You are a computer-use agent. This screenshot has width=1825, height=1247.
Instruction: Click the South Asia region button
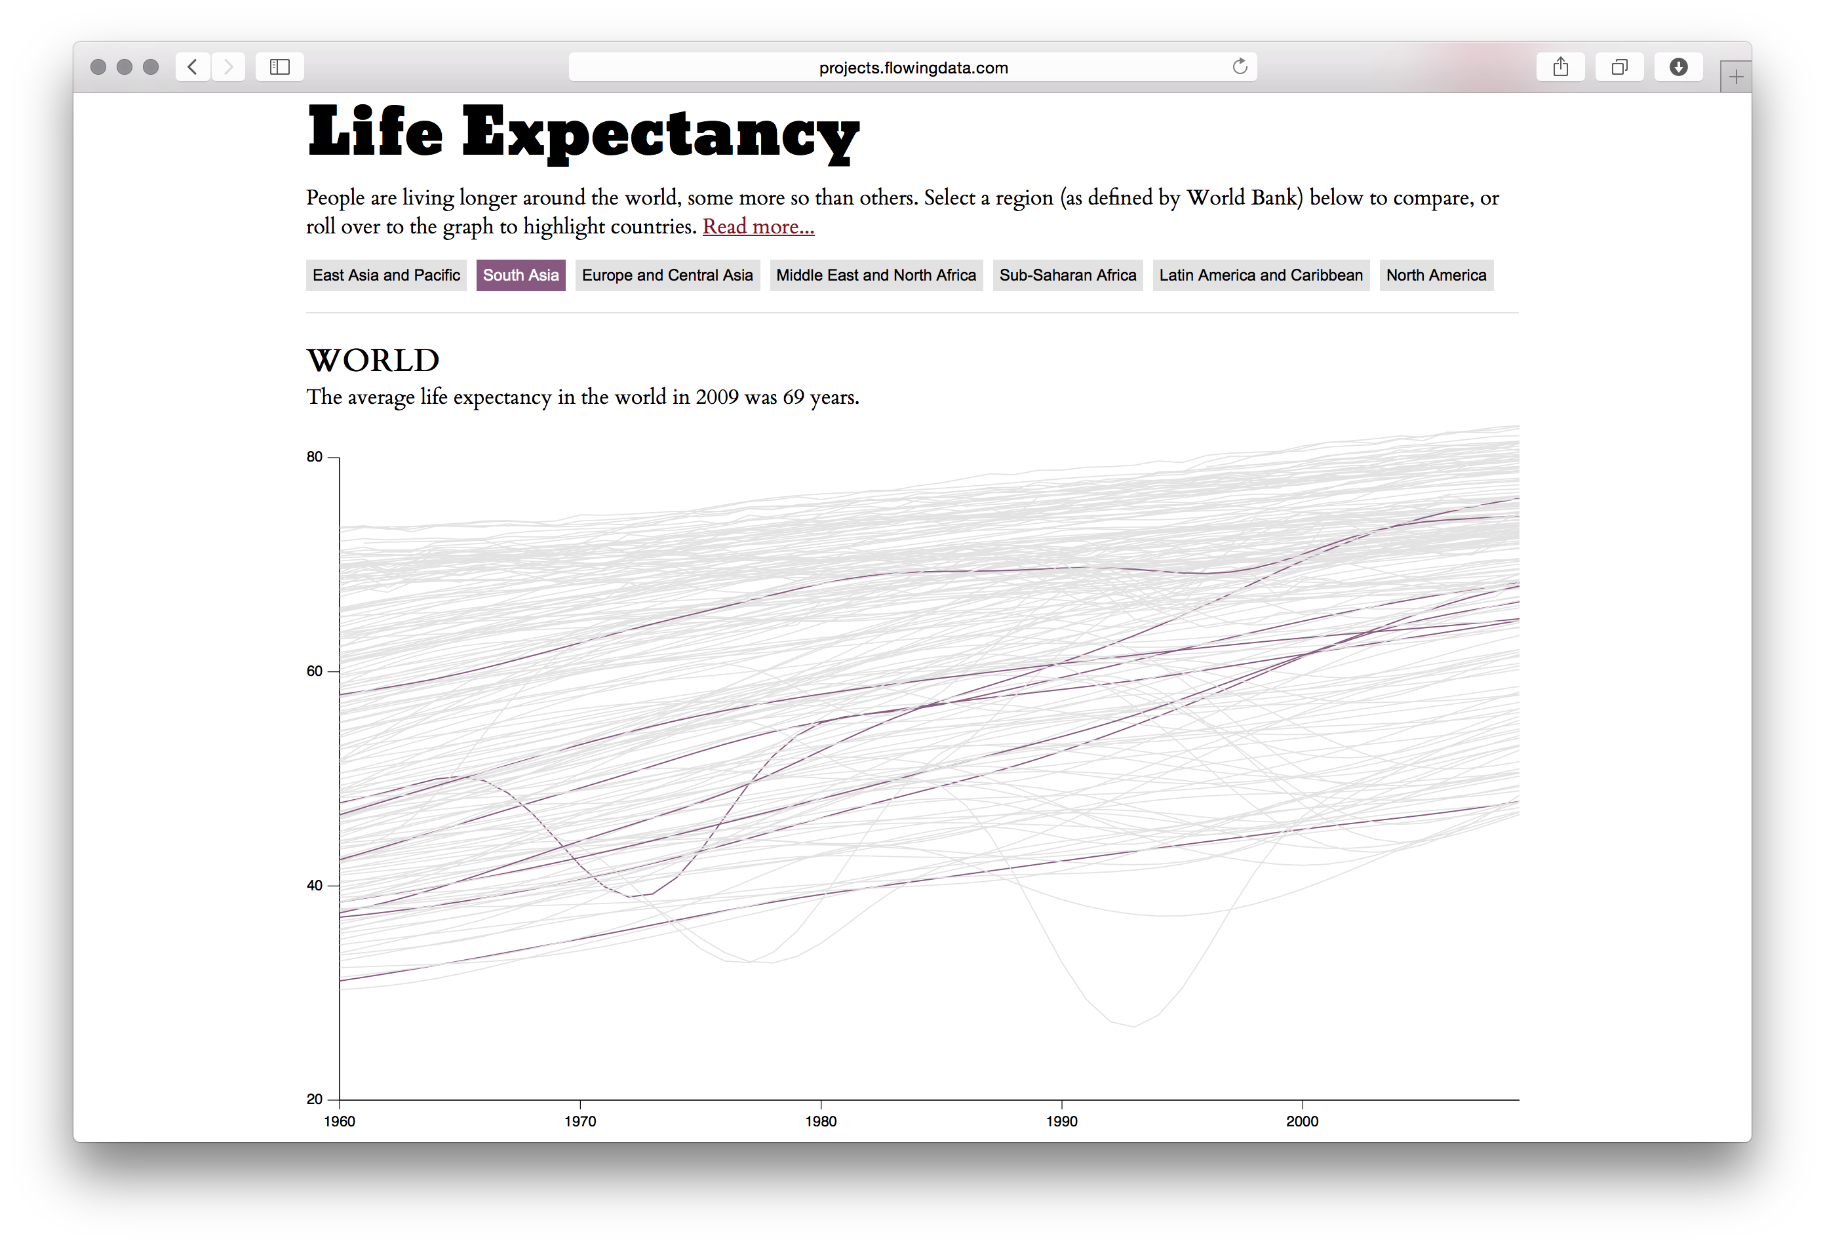pyautogui.click(x=520, y=275)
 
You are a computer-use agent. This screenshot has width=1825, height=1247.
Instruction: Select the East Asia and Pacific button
pyautogui.click(x=385, y=275)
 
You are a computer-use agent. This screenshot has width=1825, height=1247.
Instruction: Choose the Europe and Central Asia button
pyautogui.click(x=667, y=275)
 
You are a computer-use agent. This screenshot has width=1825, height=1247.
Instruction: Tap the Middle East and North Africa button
pyautogui.click(x=876, y=275)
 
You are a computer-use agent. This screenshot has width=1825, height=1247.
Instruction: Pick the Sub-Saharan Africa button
pyautogui.click(x=1067, y=275)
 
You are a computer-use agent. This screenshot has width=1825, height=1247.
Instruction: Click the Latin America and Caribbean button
pyautogui.click(x=1261, y=275)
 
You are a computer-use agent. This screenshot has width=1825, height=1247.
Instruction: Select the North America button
pyautogui.click(x=1436, y=275)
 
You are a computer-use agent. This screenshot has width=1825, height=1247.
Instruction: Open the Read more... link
pyautogui.click(x=758, y=227)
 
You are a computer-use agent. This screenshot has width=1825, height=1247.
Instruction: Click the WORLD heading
pyautogui.click(x=372, y=361)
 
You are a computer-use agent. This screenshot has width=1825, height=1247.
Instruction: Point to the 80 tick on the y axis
pyautogui.click(x=315, y=457)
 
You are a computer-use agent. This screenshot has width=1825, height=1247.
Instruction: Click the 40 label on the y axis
pyautogui.click(x=315, y=886)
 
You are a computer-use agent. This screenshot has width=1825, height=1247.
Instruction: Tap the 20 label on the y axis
pyautogui.click(x=315, y=1099)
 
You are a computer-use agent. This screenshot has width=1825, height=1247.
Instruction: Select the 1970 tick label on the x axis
pyautogui.click(x=579, y=1121)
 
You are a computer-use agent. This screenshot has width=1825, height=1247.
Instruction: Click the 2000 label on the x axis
pyautogui.click(x=1302, y=1121)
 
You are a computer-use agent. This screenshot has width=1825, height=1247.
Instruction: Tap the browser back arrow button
pyautogui.click(x=192, y=67)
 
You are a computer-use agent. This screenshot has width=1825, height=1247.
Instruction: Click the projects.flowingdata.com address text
pyautogui.click(x=912, y=68)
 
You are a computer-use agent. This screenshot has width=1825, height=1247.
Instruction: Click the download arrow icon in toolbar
pyautogui.click(x=1678, y=67)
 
